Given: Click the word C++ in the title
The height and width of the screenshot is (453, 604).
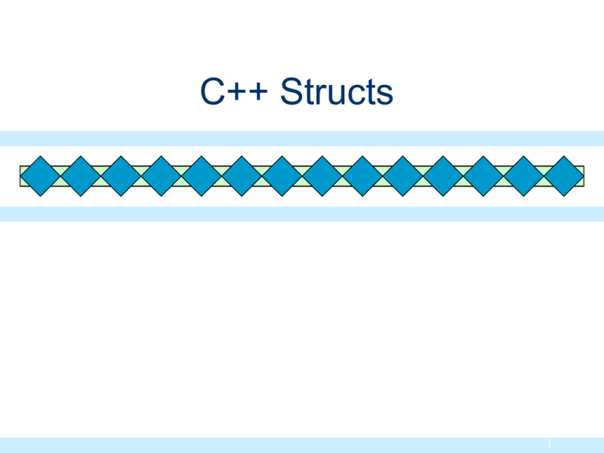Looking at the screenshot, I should point(235,93).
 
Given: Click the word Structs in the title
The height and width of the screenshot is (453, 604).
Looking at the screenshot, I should point(337,93).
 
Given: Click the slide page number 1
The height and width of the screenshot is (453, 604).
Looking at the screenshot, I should point(551,444).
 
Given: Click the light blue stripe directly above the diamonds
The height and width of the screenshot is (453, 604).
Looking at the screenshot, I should point(302,138).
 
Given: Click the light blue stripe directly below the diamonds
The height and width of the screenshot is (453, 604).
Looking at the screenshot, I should point(302,214).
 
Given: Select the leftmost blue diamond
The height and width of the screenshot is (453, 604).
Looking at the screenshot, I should point(39,176).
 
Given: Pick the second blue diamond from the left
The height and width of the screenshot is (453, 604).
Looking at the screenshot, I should point(79,176).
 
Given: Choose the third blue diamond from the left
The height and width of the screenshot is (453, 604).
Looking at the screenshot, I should point(120,176).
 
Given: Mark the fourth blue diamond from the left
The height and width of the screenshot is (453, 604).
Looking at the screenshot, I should point(160,176).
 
